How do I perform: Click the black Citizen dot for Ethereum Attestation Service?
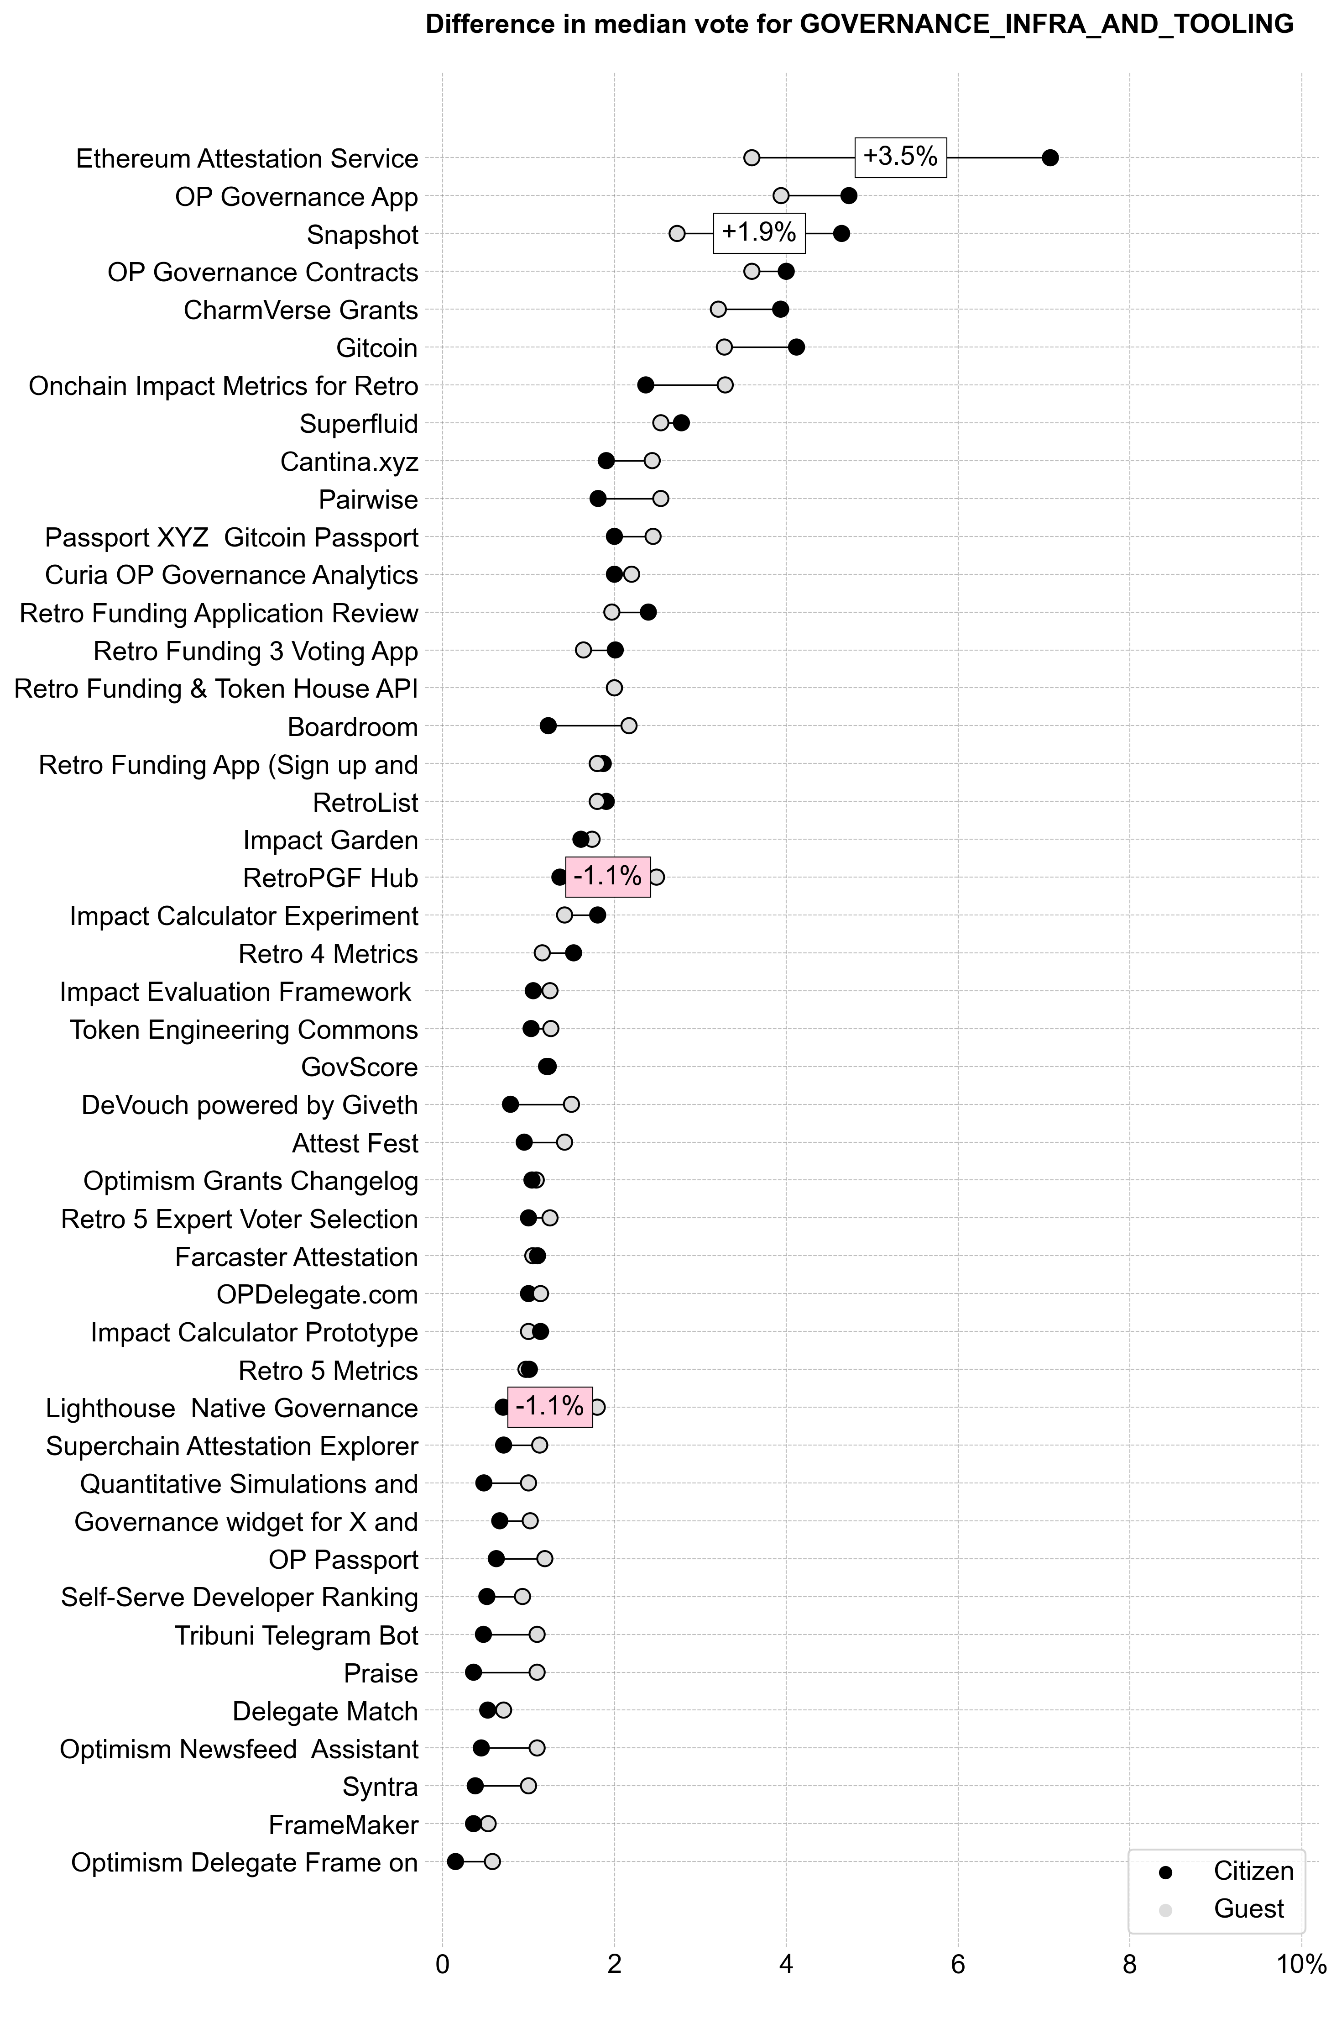click(1050, 158)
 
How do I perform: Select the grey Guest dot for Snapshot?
click(677, 234)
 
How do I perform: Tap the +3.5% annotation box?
click(900, 157)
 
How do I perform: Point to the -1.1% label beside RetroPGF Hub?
click(608, 876)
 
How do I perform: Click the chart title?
click(859, 24)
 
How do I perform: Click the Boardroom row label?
click(353, 727)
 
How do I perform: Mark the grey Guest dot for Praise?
click(537, 1672)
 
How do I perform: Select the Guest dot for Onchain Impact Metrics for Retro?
click(725, 385)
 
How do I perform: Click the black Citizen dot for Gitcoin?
click(796, 347)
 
